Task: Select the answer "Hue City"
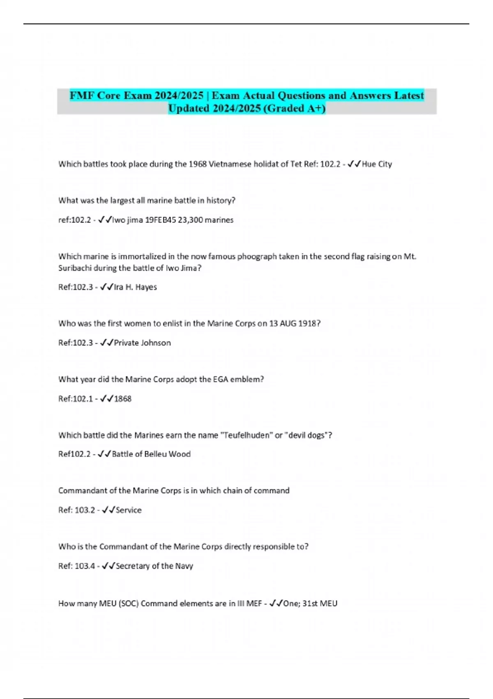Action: point(377,164)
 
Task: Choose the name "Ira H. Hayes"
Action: point(135,287)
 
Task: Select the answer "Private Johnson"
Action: point(142,343)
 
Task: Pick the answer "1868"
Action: point(122,399)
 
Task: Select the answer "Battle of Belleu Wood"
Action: point(151,454)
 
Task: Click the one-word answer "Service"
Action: point(129,510)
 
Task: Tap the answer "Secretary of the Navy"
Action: point(154,566)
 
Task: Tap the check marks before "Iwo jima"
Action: point(105,220)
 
